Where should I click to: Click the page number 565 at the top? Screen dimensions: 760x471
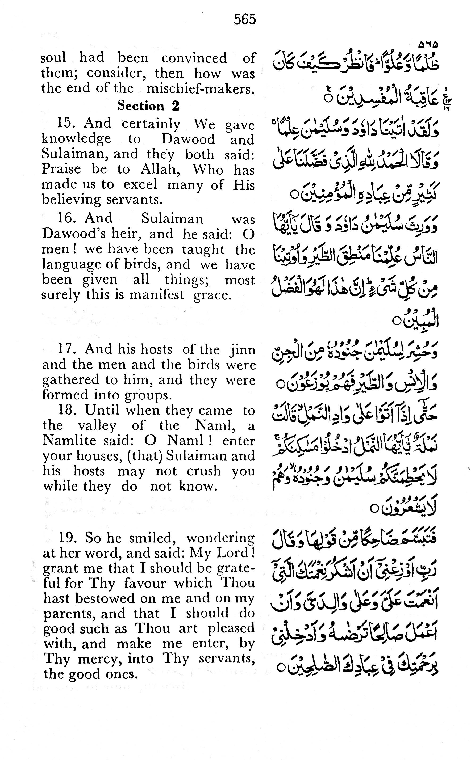coord(245,20)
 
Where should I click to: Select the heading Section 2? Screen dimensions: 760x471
coord(148,106)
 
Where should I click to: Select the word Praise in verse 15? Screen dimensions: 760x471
coord(61,169)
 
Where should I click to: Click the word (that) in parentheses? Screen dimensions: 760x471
coord(145,456)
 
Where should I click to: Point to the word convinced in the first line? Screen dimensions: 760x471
coord(194,58)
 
